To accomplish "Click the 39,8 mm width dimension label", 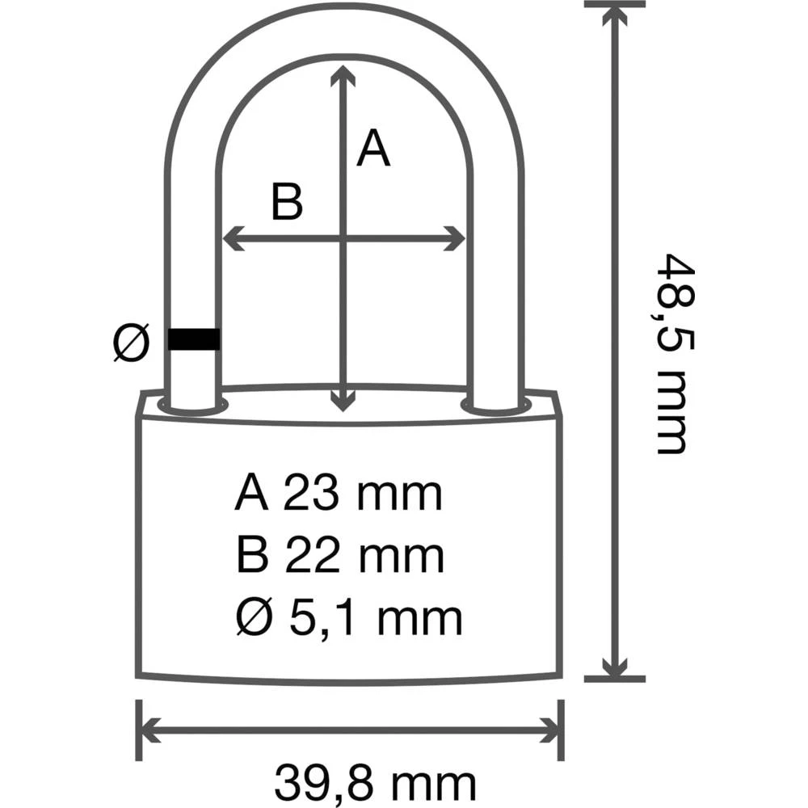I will [x=375, y=781].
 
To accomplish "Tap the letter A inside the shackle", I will [x=373, y=149].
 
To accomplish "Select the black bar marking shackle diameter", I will [x=194, y=339].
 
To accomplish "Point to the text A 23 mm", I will [x=339, y=494].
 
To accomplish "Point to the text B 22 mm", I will [x=340, y=557].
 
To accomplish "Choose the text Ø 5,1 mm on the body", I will [x=349, y=618].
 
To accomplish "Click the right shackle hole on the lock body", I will [x=495, y=405].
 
